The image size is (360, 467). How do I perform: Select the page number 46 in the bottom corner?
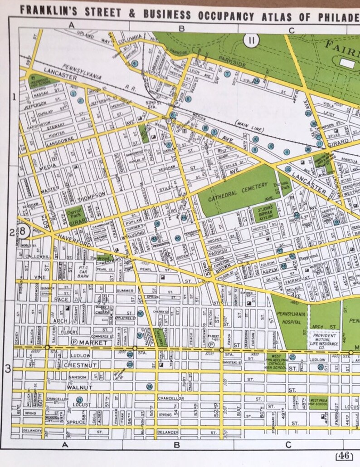point(342,456)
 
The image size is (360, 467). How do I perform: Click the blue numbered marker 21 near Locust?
point(79,399)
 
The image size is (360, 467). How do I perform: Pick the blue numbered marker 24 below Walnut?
point(150,386)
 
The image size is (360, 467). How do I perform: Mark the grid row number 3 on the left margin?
point(8,369)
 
